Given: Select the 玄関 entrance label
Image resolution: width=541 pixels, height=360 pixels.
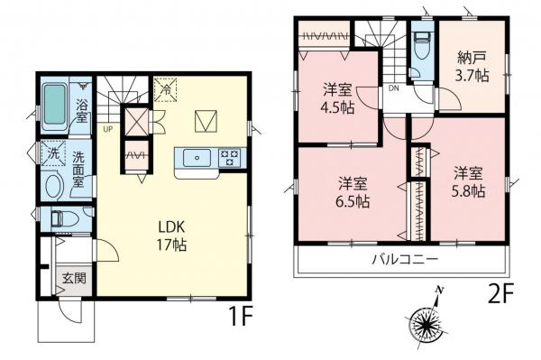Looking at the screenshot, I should [x=74, y=279].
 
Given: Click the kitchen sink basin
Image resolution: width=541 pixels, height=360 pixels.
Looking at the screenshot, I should [x=194, y=158].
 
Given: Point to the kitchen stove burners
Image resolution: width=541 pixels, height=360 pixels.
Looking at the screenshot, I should [x=229, y=157].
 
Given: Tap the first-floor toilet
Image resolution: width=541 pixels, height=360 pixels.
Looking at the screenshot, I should [x=59, y=218].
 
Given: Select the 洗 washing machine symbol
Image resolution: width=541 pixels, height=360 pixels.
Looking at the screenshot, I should [x=52, y=153].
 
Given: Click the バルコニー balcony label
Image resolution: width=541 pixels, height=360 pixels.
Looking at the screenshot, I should [x=405, y=259].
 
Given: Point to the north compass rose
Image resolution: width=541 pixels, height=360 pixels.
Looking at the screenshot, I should [x=428, y=320].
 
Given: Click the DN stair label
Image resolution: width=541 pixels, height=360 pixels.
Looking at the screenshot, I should [x=394, y=88].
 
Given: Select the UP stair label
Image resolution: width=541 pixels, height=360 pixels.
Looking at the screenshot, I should [x=108, y=129].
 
